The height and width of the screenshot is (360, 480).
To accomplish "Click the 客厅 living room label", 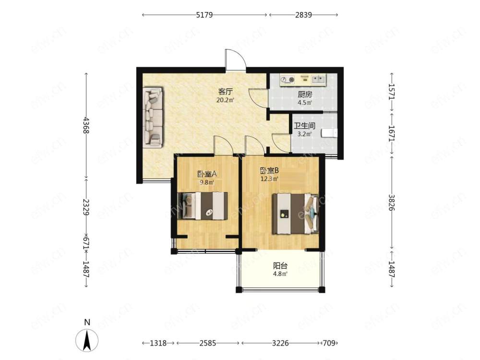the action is click(226, 91).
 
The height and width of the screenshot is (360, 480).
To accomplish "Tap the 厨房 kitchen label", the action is click(305, 95).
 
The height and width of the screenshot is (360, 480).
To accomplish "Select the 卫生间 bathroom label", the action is click(304, 126).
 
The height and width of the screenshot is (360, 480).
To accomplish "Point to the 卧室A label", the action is click(207, 174).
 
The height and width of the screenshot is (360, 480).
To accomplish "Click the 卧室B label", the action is click(269, 170).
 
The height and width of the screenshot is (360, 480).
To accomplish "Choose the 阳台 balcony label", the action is click(280, 266).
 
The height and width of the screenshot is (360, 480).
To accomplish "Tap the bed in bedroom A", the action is click(203, 206).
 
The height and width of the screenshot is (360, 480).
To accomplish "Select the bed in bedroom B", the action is click(296, 214).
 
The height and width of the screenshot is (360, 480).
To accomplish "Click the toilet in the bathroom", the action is click(329, 133).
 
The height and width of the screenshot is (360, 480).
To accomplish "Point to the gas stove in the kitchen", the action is click(288, 80).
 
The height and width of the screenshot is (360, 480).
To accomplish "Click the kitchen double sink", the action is click(319, 79).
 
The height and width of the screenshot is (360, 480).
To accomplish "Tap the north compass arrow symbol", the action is click(87, 340).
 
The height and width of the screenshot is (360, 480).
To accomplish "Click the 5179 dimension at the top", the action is click(204, 15).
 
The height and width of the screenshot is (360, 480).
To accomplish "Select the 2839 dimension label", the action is click(303, 15).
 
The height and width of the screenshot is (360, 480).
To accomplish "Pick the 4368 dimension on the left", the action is click(86, 125).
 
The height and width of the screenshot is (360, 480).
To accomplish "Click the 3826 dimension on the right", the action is click(392, 203).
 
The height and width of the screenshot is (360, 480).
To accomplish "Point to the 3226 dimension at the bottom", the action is click(280, 343).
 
